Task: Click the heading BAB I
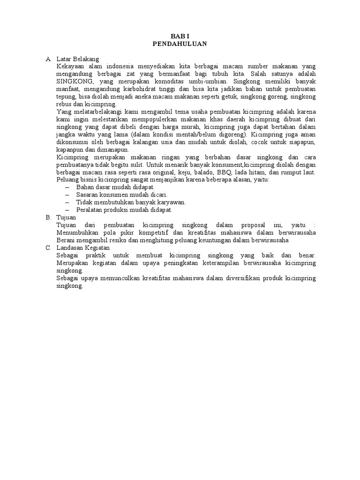[180, 36]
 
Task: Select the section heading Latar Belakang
[77, 59]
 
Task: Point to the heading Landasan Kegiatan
[82, 247]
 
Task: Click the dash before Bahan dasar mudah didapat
[67, 187]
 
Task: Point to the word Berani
[66, 240]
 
